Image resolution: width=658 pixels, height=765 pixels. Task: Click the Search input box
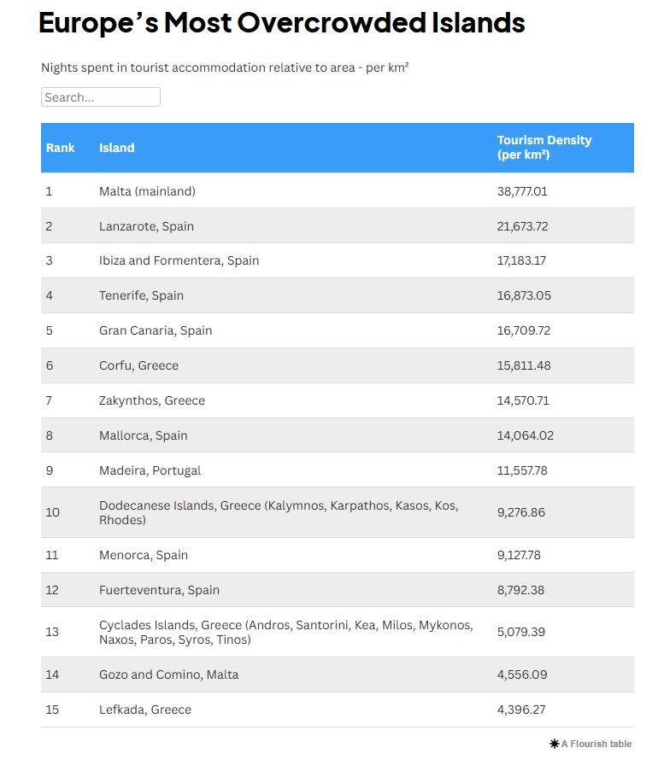pyautogui.click(x=100, y=97)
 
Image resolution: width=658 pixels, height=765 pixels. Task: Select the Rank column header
pyautogui.click(x=60, y=148)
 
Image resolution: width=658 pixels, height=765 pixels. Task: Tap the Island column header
pyautogui.click(x=116, y=148)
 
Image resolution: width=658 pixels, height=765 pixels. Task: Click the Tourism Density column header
pyautogui.click(x=543, y=147)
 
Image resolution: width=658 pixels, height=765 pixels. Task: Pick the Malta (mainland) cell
pyautogui.click(x=147, y=191)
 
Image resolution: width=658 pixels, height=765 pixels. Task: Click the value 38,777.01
pyautogui.click(x=522, y=191)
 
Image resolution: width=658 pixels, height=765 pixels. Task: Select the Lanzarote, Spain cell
pyautogui.click(x=146, y=226)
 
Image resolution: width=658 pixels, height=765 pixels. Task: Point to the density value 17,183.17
pyautogui.click(x=521, y=260)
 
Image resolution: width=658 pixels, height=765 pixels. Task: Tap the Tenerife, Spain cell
pyautogui.click(x=141, y=295)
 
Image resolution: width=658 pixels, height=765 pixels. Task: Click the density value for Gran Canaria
pyautogui.click(x=523, y=330)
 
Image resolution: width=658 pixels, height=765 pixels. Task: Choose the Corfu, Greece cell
pyautogui.click(x=138, y=365)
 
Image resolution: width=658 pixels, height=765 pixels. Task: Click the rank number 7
pyautogui.click(x=50, y=400)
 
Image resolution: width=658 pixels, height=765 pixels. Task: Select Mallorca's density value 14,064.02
pyautogui.click(x=525, y=435)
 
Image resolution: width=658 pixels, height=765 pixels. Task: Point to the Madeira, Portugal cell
pyautogui.click(x=150, y=470)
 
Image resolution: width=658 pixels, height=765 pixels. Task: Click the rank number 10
pyautogui.click(x=53, y=512)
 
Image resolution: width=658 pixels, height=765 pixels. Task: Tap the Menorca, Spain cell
pyautogui.click(x=143, y=555)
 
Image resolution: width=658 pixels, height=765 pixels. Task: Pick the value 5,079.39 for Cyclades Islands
pyautogui.click(x=520, y=632)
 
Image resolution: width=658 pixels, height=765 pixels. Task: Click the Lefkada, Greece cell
pyautogui.click(x=144, y=710)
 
